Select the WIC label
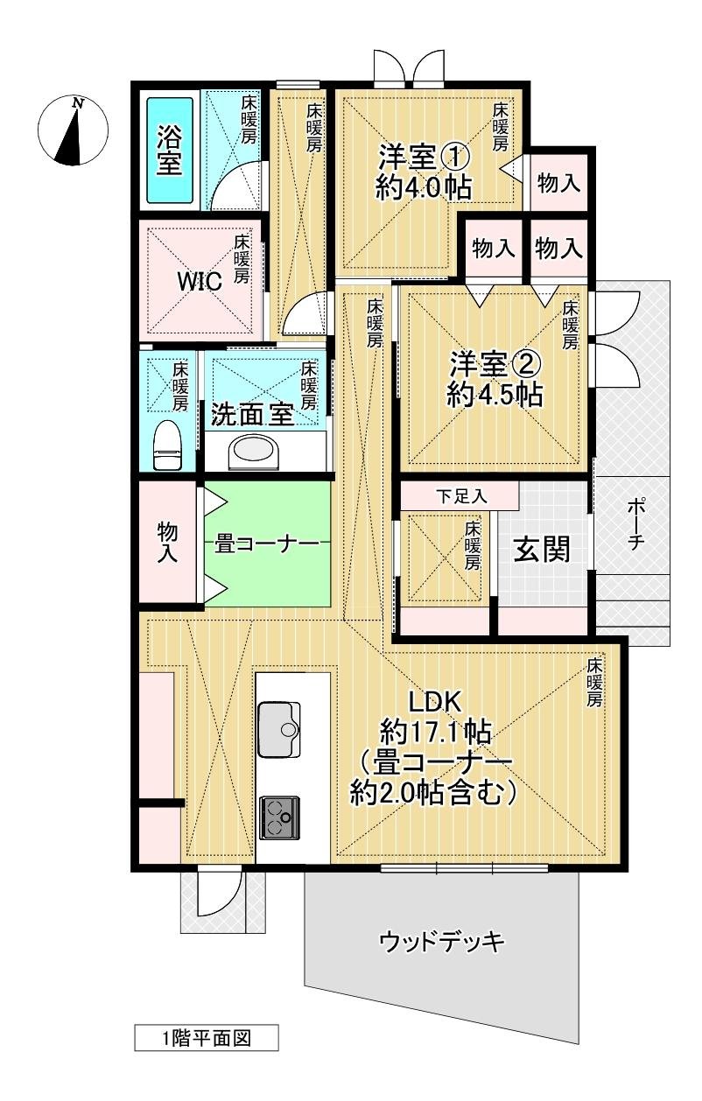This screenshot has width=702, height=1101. (200, 281)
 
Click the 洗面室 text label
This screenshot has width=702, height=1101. (251, 415)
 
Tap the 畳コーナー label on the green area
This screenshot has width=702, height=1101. (266, 543)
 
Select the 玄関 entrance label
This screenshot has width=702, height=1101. (542, 550)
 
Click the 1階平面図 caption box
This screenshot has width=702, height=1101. (207, 1038)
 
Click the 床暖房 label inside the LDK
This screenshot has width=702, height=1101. (595, 683)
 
